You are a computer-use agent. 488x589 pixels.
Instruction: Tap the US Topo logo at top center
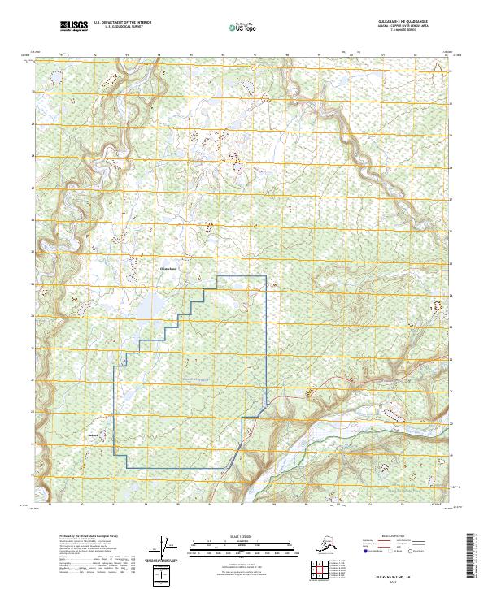pyautogui.click(x=235, y=27)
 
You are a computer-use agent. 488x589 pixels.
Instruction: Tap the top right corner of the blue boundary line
pyautogui.click(x=267, y=277)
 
